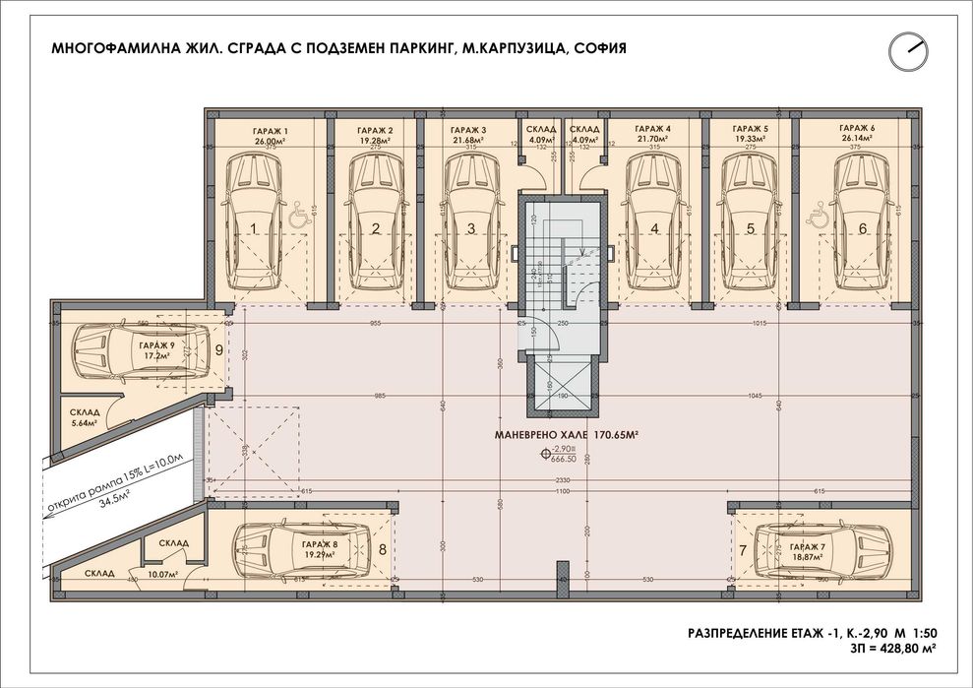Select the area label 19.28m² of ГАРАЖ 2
pos(376,141)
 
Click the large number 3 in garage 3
pos(471,229)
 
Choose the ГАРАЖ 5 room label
pos(751,130)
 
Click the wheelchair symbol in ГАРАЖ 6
pos(816,213)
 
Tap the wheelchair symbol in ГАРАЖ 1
pos(297,213)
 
